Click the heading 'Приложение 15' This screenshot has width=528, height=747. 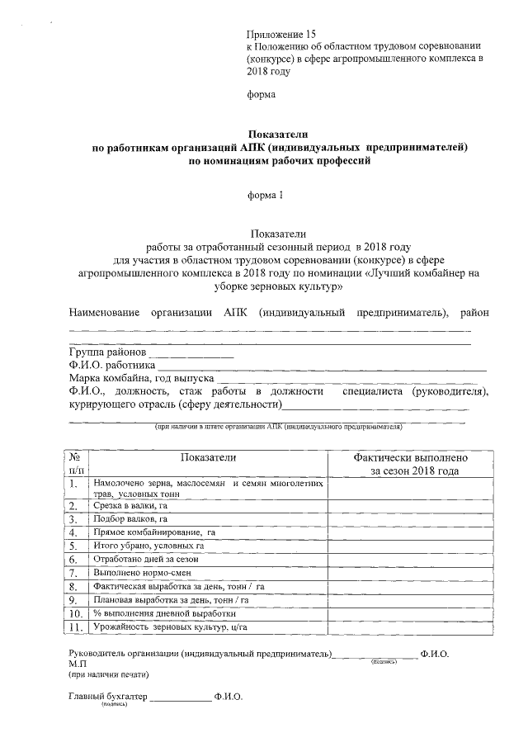click(281, 34)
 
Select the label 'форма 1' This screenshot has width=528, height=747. click(265, 195)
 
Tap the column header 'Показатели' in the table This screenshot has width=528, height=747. click(209, 457)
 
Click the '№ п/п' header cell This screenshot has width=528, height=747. click(76, 464)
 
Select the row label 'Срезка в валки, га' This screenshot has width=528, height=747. click(131, 505)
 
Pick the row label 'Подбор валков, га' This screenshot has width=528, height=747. click(131, 519)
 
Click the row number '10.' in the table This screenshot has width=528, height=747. click(76, 613)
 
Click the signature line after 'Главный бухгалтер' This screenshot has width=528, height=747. click(180, 699)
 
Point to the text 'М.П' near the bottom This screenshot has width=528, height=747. click(78, 663)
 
